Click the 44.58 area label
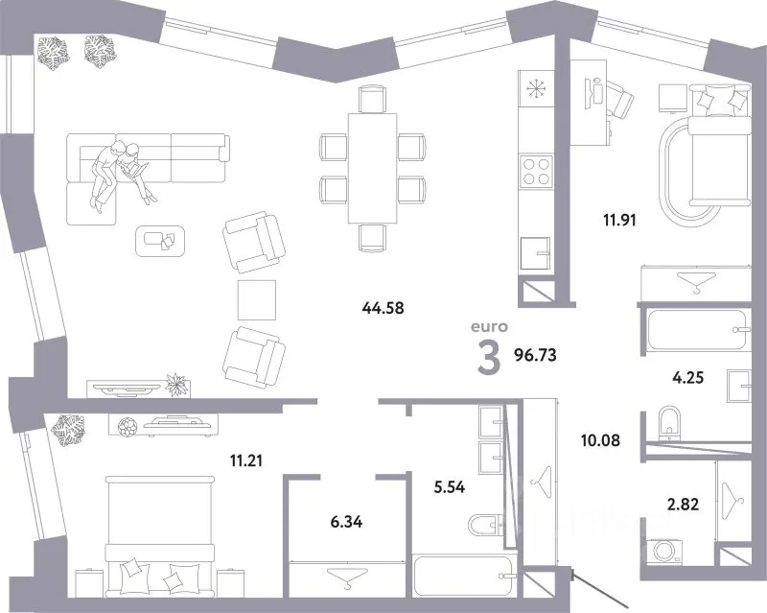383,308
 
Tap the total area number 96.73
535,355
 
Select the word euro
489,326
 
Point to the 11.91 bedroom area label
619,220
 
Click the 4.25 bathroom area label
688,378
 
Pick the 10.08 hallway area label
600,440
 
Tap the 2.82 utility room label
683,504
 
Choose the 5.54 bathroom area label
450,487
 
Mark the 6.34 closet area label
346,522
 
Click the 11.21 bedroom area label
246,460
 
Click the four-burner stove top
537,171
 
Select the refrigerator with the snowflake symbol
537,89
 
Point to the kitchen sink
537,253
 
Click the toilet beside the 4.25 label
669,423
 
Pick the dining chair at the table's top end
372,99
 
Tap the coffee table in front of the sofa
160,241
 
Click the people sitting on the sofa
122,173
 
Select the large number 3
489,358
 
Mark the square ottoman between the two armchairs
257,299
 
